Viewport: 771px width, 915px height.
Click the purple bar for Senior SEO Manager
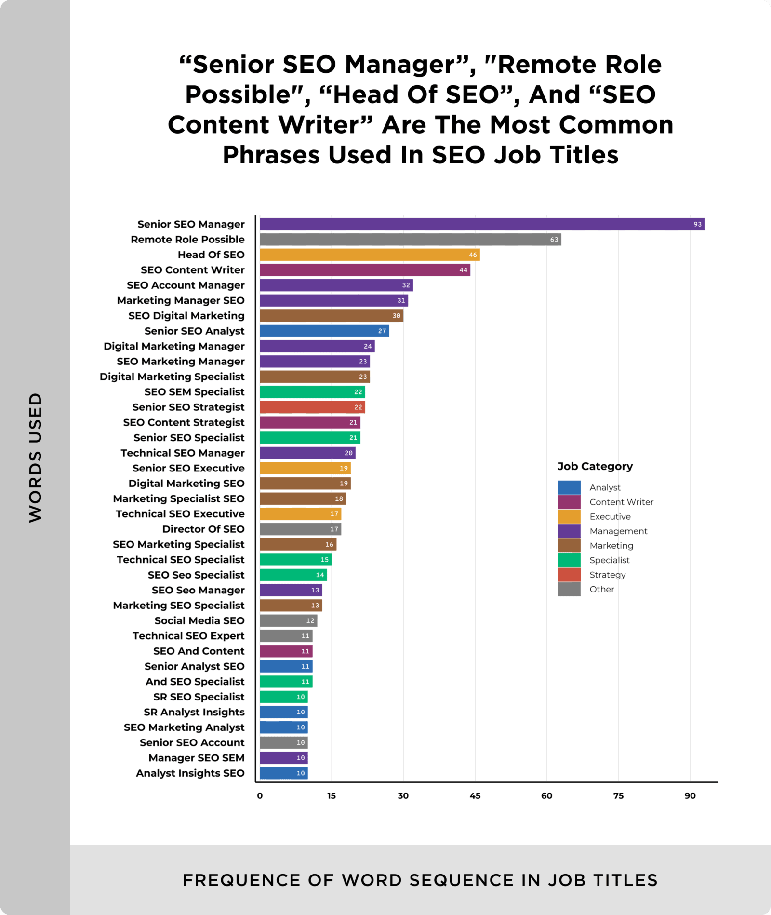pyautogui.click(x=482, y=224)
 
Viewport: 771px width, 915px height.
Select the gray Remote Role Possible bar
pyautogui.click(x=410, y=240)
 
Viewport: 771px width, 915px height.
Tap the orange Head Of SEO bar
pyautogui.click(x=370, y=255)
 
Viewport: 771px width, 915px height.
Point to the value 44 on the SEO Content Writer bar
pyautogui.click(x=463, y=270)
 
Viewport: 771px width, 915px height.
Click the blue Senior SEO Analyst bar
pyautogui.click(x=324, y=331)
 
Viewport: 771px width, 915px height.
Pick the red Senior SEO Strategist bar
pyautogui.click(x=312, y=407)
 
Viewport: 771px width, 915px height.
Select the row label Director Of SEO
pyautogui.click(x=203, y=529)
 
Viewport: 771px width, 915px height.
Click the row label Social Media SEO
pyautogui.click(x=199, y=620)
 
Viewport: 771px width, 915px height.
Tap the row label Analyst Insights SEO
pyautogui.click(x=190, y=773)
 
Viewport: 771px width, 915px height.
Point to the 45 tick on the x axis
pyautogui.click(x=475, y=796)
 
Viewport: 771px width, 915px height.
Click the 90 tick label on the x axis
pyautogui.click(x=690, y=796)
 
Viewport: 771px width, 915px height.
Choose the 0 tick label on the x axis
pyautogui.click(x=260, y=796)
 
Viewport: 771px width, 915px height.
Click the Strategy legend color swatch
pyautogui.click(x=569, y=575)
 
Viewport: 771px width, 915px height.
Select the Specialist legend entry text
pyautogui.click(x=610, y=560)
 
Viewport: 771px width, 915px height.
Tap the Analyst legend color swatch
pyautogui.click(x=569, y=487)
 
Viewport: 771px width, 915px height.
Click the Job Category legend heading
pyautogui.click(x=595, y=466)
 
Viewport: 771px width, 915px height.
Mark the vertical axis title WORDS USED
pyautogui.click(x=36, y=457)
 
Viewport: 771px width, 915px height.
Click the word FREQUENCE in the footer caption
pyautogui.click(x=241, y=880)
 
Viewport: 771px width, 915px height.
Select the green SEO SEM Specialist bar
pyautogui.click(x=312, y=392)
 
